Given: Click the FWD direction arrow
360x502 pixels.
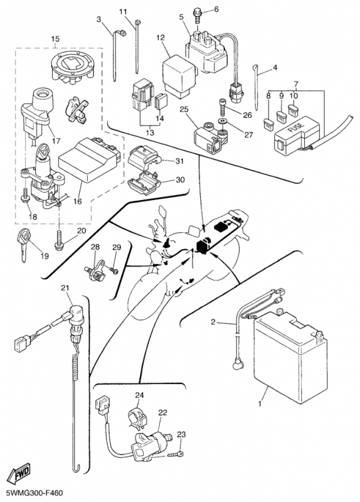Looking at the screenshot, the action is coord(19,474).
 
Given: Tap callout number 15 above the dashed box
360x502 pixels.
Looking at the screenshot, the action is coord(55,39).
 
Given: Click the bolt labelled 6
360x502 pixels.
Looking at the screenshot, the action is coord(197,16).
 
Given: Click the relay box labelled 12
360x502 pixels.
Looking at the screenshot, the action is coord(179,75).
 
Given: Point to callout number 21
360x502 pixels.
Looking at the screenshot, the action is coord(65,288).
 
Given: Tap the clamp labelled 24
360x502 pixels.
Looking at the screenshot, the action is coord(137,417).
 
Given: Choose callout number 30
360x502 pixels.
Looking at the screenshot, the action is coord(180,180).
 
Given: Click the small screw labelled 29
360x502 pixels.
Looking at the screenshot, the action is coord(114,270).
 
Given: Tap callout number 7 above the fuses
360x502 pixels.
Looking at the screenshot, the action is coord(295,85).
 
